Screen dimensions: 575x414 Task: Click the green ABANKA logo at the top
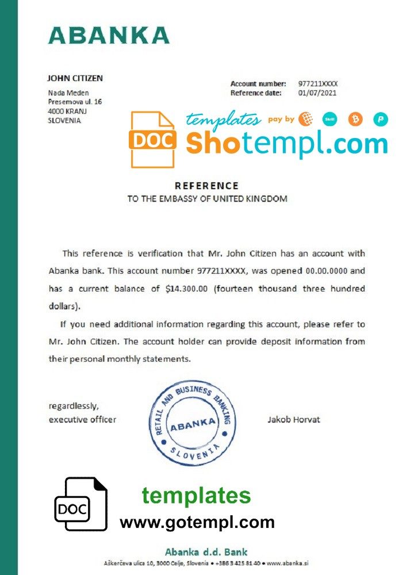pyautogui.click(x=109, y=35)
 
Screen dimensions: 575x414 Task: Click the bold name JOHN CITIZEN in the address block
pyautogui.click(x=75, y=78)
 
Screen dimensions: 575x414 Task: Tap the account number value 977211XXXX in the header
pyautogui.click(x=317, y=84)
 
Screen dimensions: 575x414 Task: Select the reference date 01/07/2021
pyautogui.click(x=317, y=93)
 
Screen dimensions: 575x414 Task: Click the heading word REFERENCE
pyautogui.click(x=206, y=186)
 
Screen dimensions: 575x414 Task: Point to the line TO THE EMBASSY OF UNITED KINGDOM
pyautogui.click(x=206, y=199)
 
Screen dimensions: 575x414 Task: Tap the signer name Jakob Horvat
pyautogui.click(x=294, y=419)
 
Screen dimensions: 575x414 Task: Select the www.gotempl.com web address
pyautogui.click(x=197, y=522)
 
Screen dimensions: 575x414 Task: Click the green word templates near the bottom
pyautogui.click(x=197, y=496)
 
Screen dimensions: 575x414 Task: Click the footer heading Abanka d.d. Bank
pyautogui.click(x=206, y=551)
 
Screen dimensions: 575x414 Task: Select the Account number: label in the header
pyautogui.click(x=258, y=84)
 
